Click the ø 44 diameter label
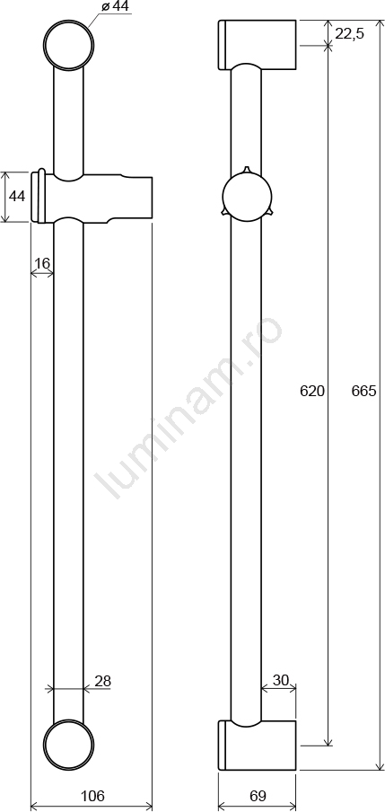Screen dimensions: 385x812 point(116,6)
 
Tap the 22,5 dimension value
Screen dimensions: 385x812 point(350,34)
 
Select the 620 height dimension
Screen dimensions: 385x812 point(312,391)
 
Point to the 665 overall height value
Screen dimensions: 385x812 point(363,391)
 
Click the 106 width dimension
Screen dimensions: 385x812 point(92,795)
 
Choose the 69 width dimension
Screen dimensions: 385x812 point(258,795)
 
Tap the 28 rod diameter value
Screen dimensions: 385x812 point(103,681)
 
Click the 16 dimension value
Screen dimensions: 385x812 point(42,263)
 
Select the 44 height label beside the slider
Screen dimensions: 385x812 point(17,197)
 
